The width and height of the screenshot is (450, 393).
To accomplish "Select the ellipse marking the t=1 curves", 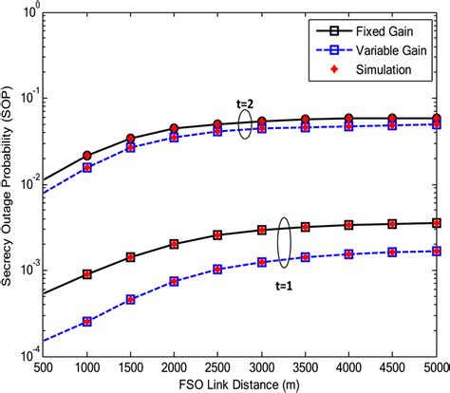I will coord(283,238).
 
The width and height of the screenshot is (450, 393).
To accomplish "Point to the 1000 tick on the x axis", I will coord(86,365).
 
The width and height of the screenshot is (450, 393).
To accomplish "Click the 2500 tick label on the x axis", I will coord(217,365).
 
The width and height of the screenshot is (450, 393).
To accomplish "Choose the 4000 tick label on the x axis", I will coord(348,365).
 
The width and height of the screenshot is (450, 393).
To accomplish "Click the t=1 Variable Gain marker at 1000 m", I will coord(86,322).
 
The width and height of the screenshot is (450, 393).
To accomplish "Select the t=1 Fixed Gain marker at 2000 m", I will coord(174,244).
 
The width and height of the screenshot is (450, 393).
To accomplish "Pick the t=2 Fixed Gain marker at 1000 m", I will coord(86,156).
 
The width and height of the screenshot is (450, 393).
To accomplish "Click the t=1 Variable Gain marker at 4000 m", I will coord(348,253).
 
